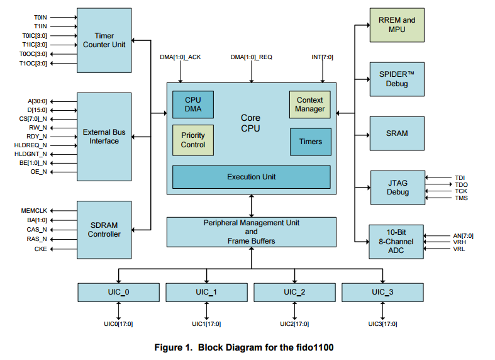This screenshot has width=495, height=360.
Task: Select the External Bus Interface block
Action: click(x=104, y=137)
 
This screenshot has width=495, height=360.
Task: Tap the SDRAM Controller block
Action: click(x=104, y=230)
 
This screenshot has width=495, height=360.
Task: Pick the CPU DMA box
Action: click(x=192, y=105)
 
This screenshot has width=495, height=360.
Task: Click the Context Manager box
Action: click(x=309, y=104)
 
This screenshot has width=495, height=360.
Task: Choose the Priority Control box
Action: click(x=193, y=140)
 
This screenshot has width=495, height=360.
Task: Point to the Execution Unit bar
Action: click(x=252, y=177)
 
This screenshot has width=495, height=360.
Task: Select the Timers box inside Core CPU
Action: click(x=310, y=142)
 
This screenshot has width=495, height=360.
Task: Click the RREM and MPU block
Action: click(x=397, y=25)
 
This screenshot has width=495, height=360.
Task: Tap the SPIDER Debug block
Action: click(x=397, y=79)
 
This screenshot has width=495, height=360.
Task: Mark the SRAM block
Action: click(x=397, y=133)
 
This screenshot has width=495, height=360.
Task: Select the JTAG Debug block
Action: click(x=398, y=187)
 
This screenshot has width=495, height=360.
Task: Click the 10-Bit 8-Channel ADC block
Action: click(x=397, y=241)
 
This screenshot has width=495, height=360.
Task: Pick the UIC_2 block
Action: click(x=294, y=292)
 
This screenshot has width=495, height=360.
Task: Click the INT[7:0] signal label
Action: click(x=323, y=57)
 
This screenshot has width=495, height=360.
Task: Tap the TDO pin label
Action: click(x=461, y=184)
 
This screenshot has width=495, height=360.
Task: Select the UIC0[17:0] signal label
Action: click(x=118, y=324)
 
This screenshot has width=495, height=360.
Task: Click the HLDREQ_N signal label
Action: click(x=32, y=145)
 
